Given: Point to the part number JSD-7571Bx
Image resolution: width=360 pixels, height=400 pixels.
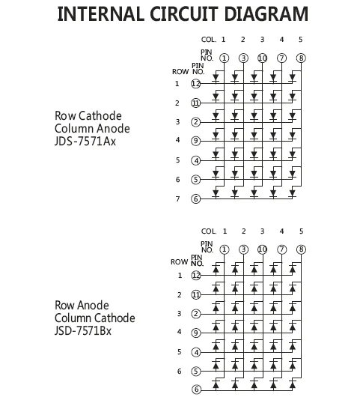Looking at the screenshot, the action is click(x=83, y=331).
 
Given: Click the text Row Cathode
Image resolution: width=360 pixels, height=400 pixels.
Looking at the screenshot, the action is click(x=88, y=115).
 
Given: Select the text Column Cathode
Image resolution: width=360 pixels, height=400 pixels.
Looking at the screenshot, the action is click(x=95, y=318).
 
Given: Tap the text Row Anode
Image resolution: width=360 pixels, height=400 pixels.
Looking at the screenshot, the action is click(x=82, y=305).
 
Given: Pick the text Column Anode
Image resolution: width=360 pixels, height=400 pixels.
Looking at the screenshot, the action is click(x=88, y=128).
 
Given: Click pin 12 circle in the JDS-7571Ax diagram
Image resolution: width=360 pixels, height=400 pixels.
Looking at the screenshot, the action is click(x=196, y=85).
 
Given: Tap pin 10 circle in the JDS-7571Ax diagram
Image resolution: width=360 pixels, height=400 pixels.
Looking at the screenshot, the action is click(x=263, y=58).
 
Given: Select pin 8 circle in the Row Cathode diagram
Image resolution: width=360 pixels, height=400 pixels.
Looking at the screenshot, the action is click(x=301, y=58).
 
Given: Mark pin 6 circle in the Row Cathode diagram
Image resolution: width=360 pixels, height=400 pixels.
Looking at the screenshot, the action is click(x=196, y=199).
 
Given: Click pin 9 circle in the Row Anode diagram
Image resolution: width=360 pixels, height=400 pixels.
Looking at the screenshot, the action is click(x=196, y=333).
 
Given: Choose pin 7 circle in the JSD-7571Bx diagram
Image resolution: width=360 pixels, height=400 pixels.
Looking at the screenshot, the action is click(x=281, y=249).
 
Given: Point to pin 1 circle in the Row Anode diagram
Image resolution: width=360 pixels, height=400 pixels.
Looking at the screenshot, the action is click(x=224, y=249).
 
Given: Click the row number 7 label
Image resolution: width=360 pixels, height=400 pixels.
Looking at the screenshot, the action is click(x=177, y=199).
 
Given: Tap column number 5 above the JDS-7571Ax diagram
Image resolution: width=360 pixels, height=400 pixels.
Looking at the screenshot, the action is click(x=301, y=39).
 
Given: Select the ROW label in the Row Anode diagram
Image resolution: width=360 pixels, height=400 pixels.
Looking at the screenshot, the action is click(x=180, y=262).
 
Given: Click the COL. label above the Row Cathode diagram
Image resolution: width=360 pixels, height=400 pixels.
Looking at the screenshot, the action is click(x=209, y=39).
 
